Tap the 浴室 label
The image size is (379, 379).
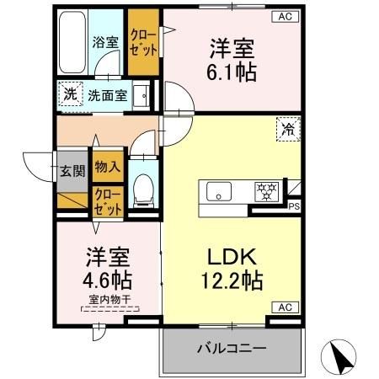[x=104, y=41]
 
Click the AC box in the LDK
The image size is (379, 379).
[x=282, y=307]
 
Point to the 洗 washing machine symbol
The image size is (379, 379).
[x=70, y=94]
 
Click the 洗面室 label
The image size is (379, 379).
[x=109, y=95]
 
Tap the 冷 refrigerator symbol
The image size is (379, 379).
[x=289, y=131]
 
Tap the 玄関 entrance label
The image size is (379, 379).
[x=72, y=171]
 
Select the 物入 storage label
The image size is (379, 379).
[x=107, y=169]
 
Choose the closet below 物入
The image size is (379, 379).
[x=107, y=203]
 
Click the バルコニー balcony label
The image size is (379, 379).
[x=232, y=348]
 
